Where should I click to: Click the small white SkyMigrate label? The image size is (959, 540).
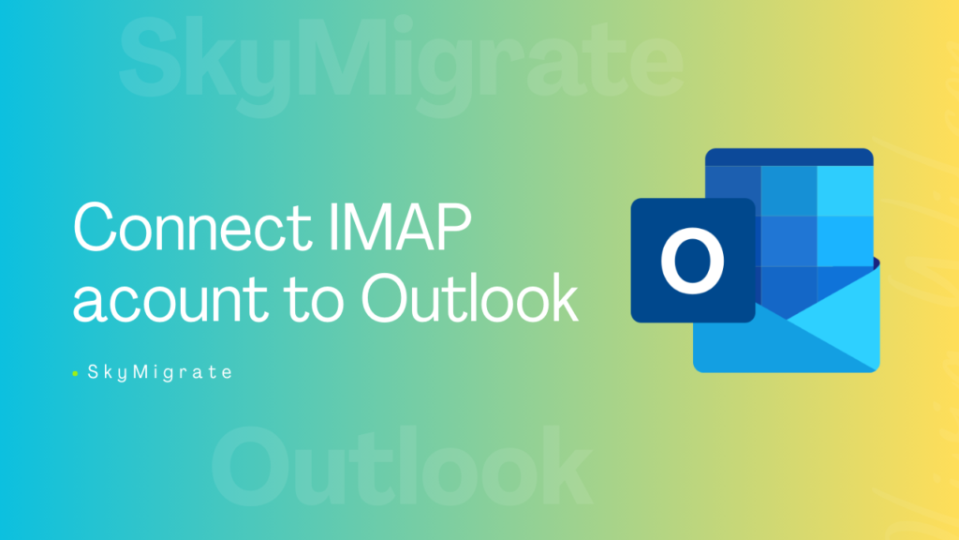tap(159, 372)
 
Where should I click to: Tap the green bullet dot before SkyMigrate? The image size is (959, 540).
tap(75, 373)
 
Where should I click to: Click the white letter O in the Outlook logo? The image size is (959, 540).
tap(693, 260)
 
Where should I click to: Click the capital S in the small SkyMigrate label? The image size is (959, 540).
tap(93, 372)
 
